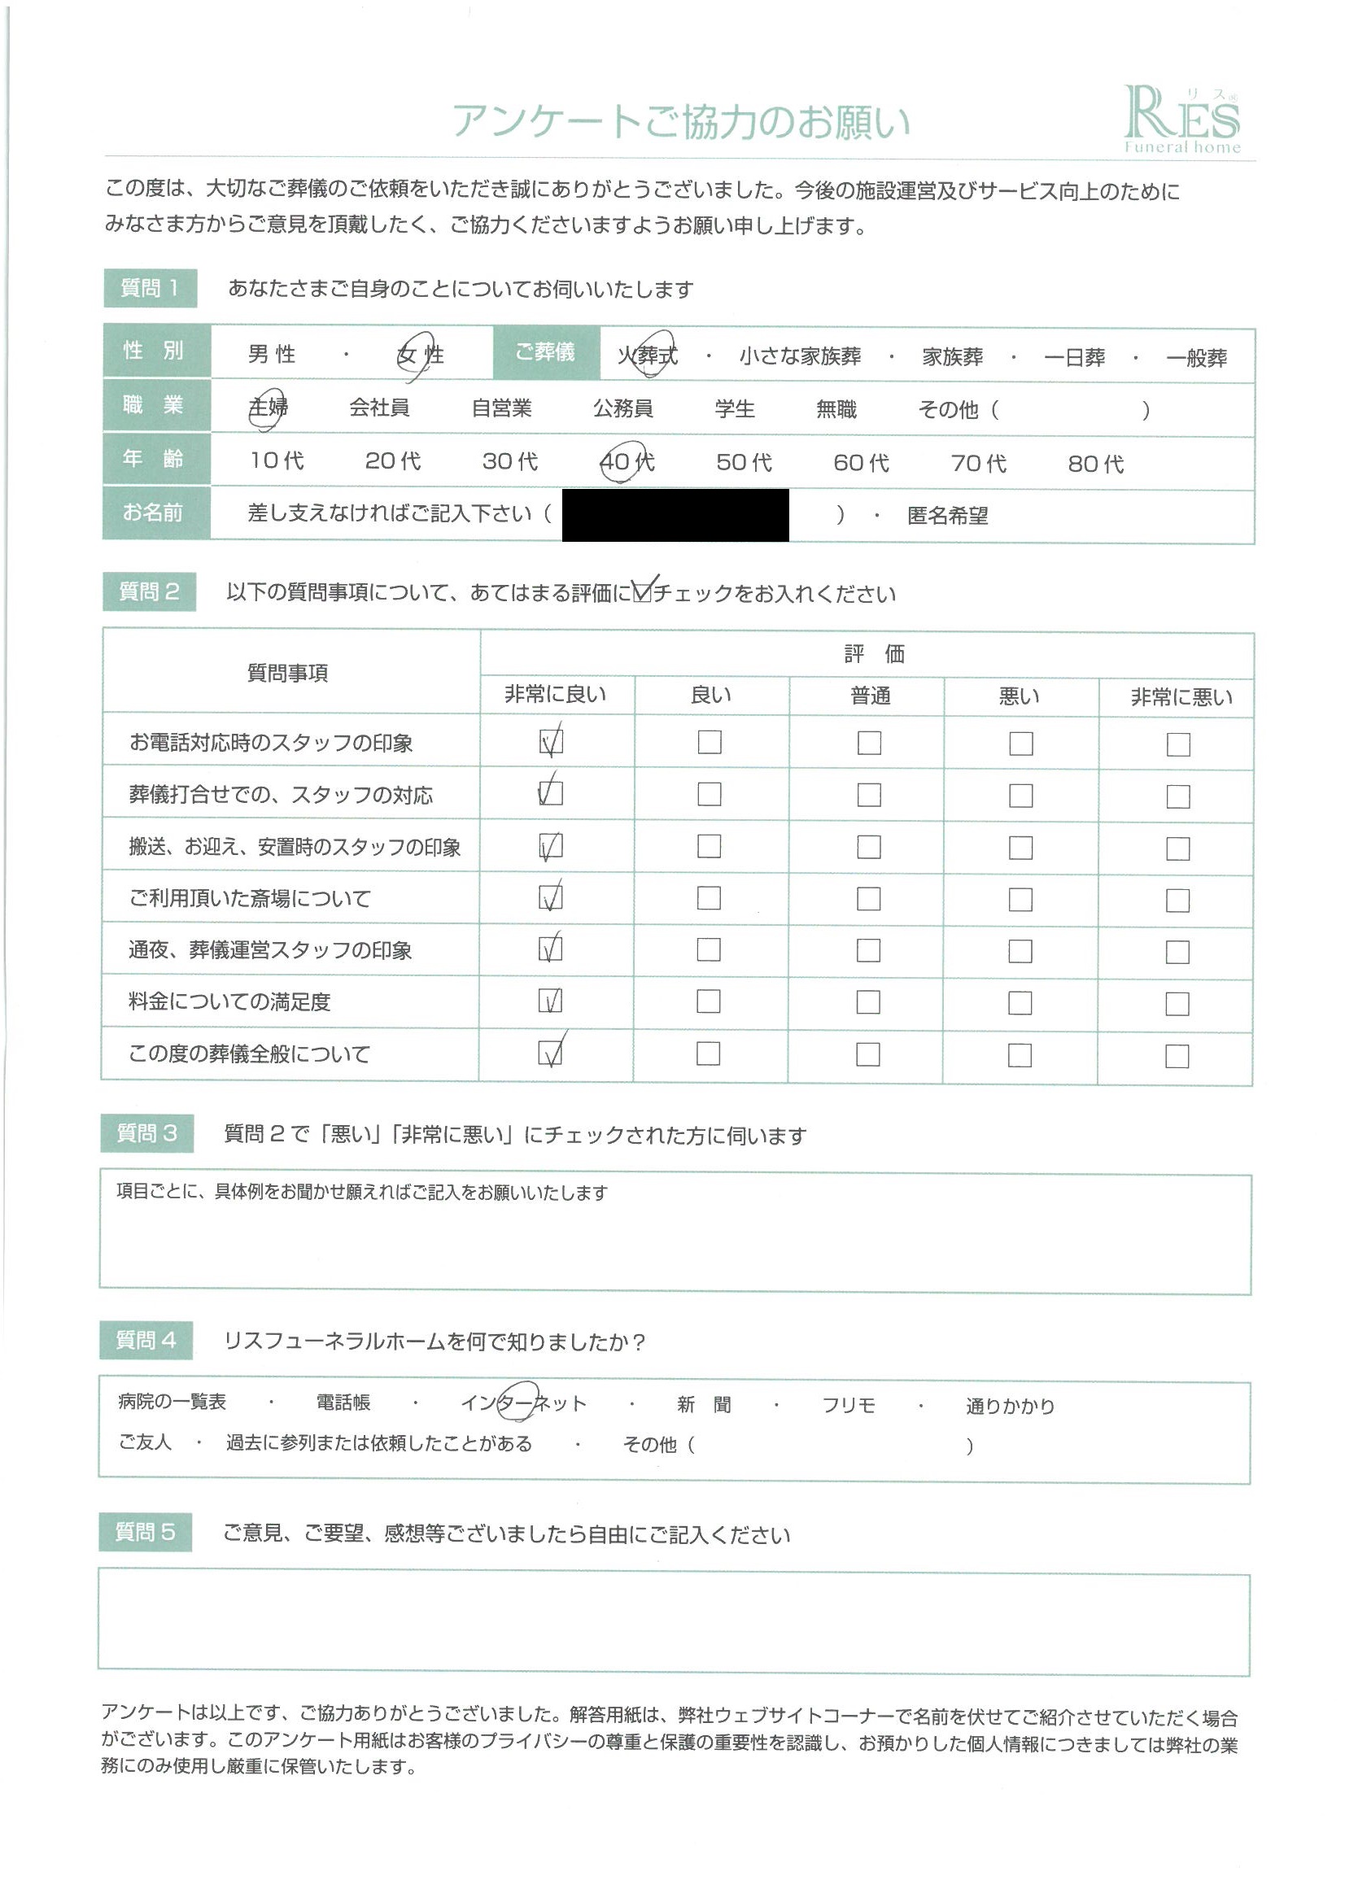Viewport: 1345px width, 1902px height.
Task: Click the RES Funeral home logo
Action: pyautogui.click(x=1181, y=121)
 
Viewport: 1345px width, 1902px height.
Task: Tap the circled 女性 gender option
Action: pyautogui.click(x=420, y=356)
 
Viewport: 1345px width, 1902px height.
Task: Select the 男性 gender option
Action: pyautogui.click(x=272, y=354)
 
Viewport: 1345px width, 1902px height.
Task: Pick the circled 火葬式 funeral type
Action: pyautogui.click(x=647, y=356)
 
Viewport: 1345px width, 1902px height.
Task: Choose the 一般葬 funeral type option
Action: pyautogui.click(x=1196, y=358)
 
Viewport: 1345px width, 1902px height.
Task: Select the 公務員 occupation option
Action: pyautogui.click(x=622, y=408)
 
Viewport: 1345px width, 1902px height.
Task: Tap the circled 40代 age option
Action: pyautogui.click(x=627, y=461)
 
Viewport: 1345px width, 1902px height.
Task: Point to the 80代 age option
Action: pyautogui.click(x=1094, y=464)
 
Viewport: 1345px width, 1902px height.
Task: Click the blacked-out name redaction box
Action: pyautogui.click(x=675, y=515)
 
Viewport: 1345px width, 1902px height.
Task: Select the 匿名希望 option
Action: pyautogui.click(x=947, y=516)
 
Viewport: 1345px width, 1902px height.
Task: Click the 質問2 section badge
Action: pyautogui.click(x=149, y=591)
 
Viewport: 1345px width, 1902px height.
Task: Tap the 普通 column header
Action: pyautogui.click(x=869, y=696)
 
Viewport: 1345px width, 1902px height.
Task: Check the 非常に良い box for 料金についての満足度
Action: pyautogui.click(x=550, y=1001)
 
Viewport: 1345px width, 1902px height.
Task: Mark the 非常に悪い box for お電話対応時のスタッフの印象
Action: pyautogui.click(x=1177, y=744)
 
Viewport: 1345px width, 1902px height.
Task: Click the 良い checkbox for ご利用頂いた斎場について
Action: pyautogui.click(x=709, y=898)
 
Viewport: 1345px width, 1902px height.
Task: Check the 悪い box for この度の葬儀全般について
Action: pyautogui.click(x=1020, y=1054)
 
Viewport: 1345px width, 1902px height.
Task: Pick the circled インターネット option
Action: pyautogui.click(x=524, y=1403)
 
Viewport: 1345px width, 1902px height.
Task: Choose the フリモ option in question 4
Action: pyautogui.click(x=848, y=1405)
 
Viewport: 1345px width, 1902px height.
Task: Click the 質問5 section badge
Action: pyautogui.click(x=145, y=1533)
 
